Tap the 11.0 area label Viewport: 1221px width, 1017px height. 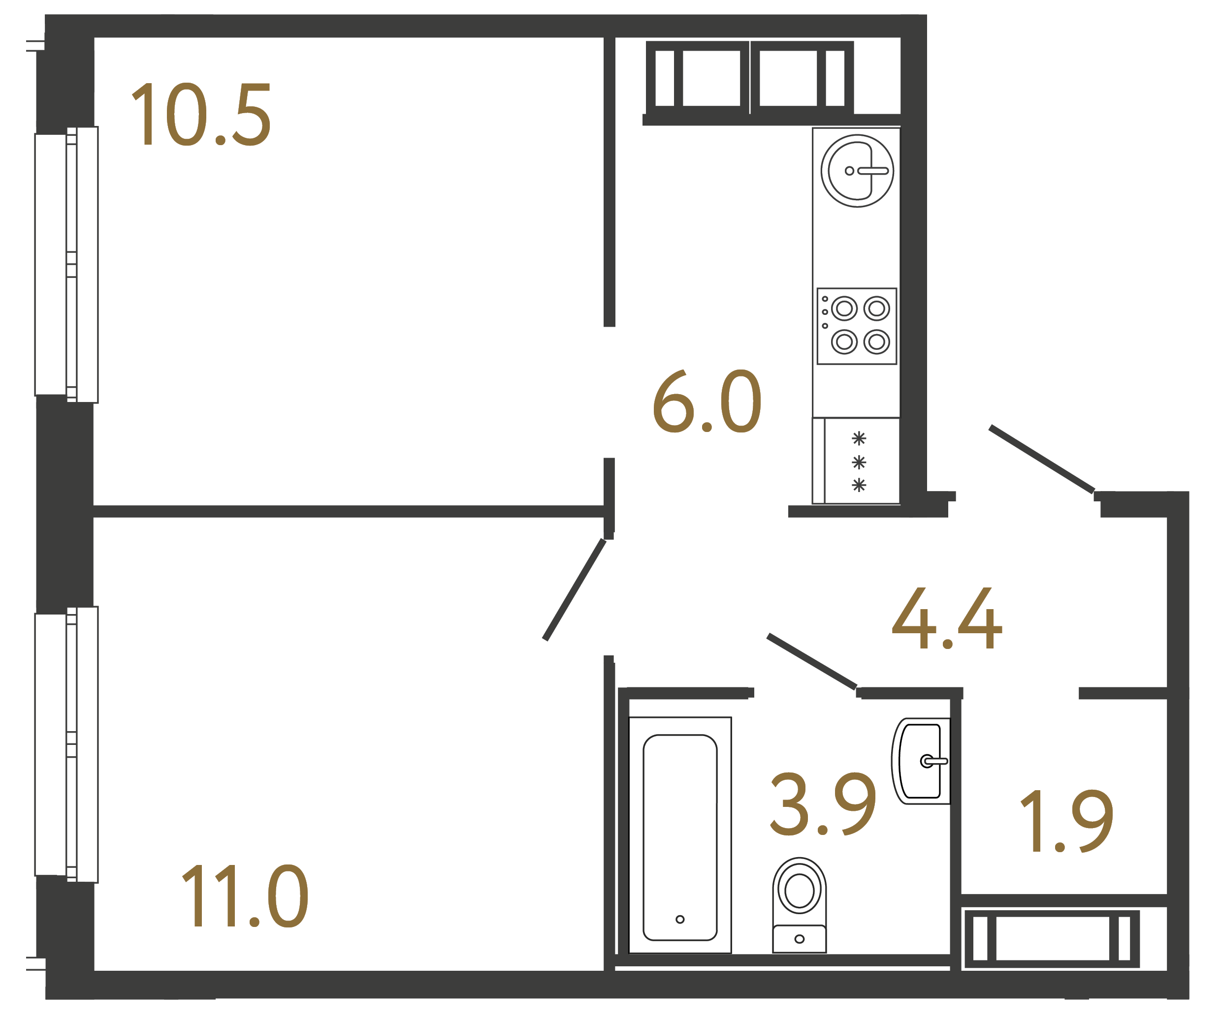pyautogui.click(x=245, y=896)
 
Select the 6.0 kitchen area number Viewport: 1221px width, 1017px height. pyautogui.click(x=707, y=401)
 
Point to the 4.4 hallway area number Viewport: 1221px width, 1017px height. pyautogui.click(x=947, y=618)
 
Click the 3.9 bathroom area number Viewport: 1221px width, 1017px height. pyautogui.click(x=823, y=804)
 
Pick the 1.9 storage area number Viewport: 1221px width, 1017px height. pyautogui.click(x=1067, y=822)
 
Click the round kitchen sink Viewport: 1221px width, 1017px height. pyautogui.click(x=857, y=171)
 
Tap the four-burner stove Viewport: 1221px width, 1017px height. pyautogui.click(x=857, y=326)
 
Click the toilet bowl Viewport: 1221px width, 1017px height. pyautogui.click(x=799, y=889)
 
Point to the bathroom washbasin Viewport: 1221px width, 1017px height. pyautogui.click(x=922, y=761)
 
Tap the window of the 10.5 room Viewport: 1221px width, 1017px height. pyautogui.click(x=67, y=264)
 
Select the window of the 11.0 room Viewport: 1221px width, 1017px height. pyautogui.click(x=67, y=744)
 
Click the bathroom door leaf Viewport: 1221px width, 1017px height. pyautogui.click(x=812, y=662)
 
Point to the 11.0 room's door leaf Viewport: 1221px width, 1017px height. pyautogui.click(x=574, y=590)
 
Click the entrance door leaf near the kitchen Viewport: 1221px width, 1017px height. pyautogui.click(x=1041, y=460)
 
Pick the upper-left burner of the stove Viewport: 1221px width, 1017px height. pyautogui.click(x=844, y=308)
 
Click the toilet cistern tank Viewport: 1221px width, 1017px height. pyautogui.click(x=799, y=939)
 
